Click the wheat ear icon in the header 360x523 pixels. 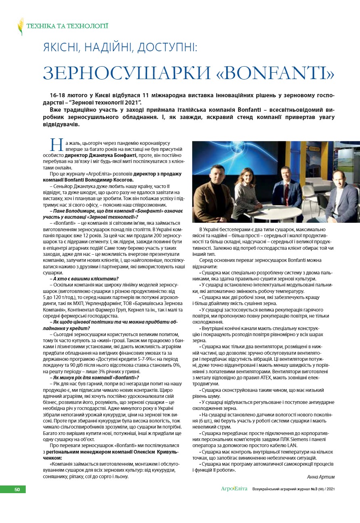(x=21, y=26)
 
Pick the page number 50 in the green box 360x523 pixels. (x=17, y=490)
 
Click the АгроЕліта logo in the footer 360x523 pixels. (x=234, y=489)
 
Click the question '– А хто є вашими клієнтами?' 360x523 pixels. (x=84, y=278)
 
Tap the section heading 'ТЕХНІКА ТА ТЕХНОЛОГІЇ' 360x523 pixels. (x=67, y=26)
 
